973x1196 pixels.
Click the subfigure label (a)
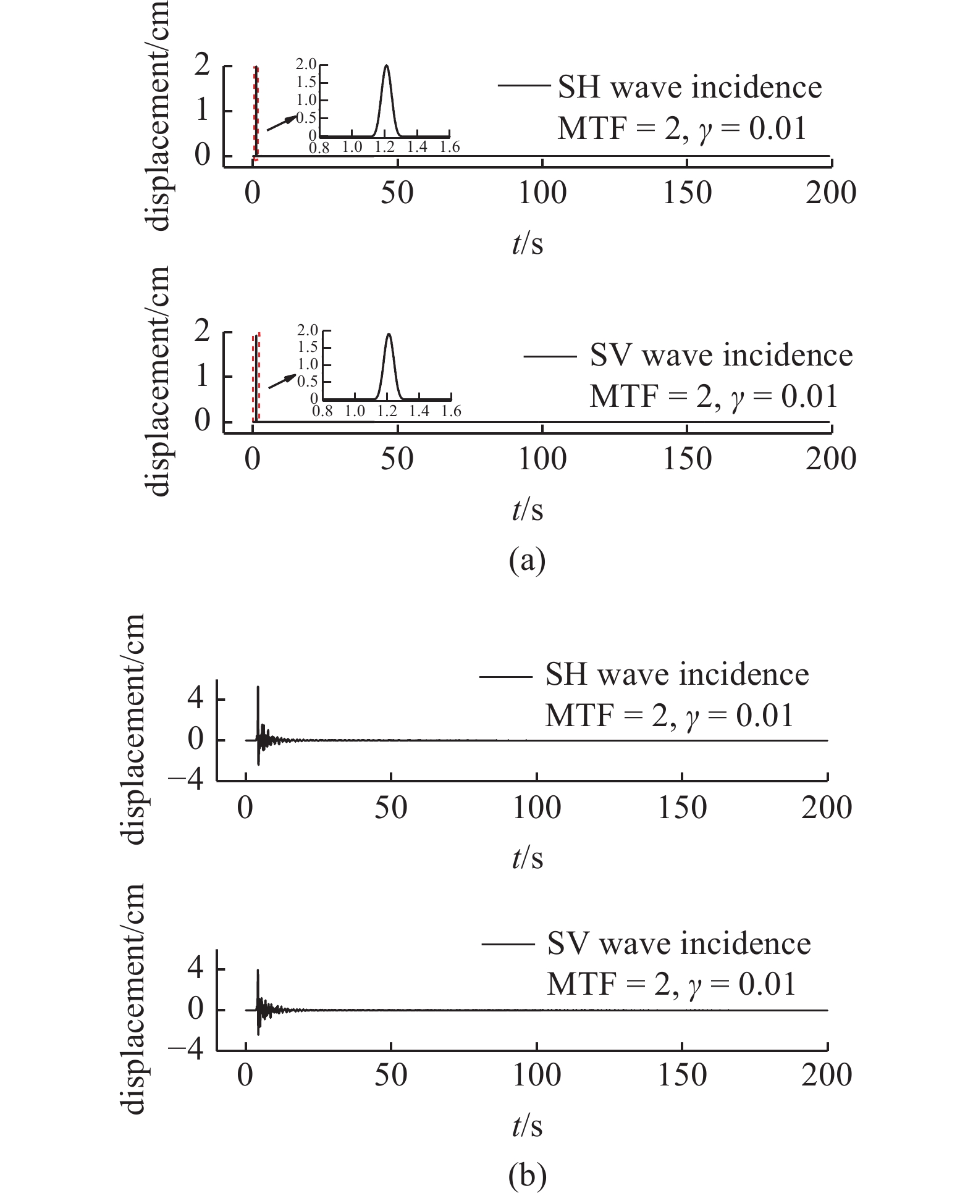(x=527, y=561)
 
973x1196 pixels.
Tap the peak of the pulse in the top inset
(x=387, y=66)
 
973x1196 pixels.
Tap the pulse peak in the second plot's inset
(x=389, y=335)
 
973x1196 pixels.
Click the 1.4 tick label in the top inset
(x=417, y=147)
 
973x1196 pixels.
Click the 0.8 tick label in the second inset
(x=322, y=411)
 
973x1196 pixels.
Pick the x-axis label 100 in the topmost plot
(x=542, y=193)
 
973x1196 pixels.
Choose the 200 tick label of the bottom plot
(x=827, y=1076)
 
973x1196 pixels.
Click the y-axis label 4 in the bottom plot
(x=195, y=968)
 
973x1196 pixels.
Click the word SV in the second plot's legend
(x=612, y=356)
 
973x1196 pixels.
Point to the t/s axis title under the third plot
(x=527, y=858)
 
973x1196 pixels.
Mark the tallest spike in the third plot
(x=258, y=687)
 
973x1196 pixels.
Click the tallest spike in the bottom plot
(x=258, y=971)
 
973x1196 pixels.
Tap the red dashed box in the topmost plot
(x=256, y=113)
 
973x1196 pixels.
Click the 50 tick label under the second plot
(x=397, y=459)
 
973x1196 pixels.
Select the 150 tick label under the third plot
(x=682, y=808)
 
